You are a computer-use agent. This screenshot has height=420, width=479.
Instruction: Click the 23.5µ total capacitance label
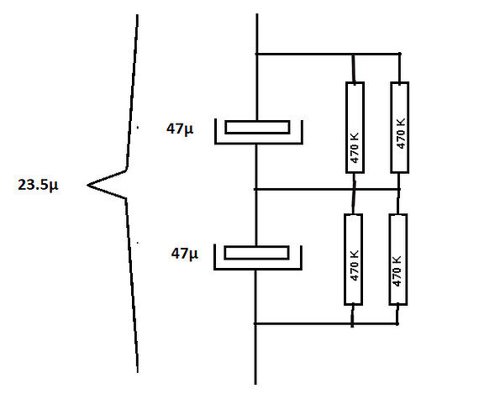[x=38, y=185]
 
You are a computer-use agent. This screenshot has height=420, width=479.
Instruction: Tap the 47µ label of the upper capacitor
[x=180, y=129]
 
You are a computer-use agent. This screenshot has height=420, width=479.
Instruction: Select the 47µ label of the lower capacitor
[x=185, y=253]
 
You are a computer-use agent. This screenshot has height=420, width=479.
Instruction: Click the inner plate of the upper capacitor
[x=257, y=128]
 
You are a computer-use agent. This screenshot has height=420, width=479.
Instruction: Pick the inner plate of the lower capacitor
[x=256, y=253]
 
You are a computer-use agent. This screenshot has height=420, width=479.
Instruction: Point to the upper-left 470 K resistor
[x=355, y=128]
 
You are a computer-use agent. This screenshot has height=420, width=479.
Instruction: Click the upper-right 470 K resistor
[x=399, y=128]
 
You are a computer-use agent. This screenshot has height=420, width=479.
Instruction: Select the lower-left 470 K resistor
[x=354, y=260]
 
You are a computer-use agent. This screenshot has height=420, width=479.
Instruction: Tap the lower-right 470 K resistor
[x=398, y=260]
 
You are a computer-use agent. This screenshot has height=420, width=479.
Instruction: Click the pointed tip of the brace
[x=87, y=185]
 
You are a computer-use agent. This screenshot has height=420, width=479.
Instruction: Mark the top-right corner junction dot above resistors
[x=399, y=54]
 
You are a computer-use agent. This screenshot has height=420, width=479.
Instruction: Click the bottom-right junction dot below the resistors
[x=397, y=323]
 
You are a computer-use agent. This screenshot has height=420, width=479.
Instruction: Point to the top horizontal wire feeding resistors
[x=328, y=54]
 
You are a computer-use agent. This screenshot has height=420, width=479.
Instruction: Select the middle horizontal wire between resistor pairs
[x=327, y=189]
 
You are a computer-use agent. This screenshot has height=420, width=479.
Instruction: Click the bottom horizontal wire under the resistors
[x=326, y=323]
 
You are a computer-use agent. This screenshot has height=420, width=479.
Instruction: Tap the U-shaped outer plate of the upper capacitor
[x=259, y=142]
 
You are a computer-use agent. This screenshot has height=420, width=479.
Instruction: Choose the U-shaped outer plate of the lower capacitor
[x=257, y=269]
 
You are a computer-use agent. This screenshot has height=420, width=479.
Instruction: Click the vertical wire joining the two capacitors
[x=256, y=195]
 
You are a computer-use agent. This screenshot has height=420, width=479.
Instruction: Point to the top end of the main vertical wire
[x=257, y=13]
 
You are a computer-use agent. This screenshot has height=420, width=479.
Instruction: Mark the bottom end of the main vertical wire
[x=255, y=384]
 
